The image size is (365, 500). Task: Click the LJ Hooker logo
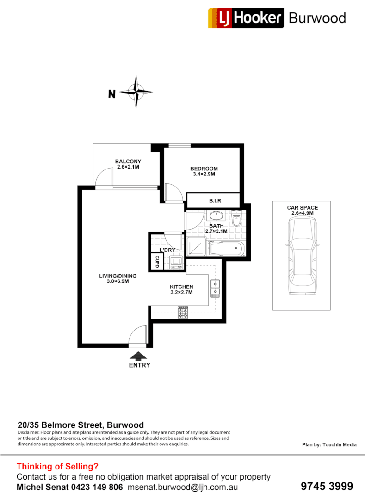click(246, 18)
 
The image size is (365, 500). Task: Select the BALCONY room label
click(128, 162)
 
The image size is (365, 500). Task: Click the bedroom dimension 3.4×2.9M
click(204, 175)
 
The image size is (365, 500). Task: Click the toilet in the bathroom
click(236, 219)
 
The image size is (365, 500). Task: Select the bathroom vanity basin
click(216, 216)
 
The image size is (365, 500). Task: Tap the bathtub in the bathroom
click(226, 249)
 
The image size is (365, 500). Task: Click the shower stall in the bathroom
click(197, 247)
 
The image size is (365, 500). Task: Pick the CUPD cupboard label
click(156, 262)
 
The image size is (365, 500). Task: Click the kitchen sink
click(215, 287)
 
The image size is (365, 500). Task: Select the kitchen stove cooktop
click(183, 313)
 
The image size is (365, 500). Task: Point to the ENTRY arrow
click(139, 356)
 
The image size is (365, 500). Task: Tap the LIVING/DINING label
click(118, 276)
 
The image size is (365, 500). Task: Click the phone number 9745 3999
click(327, 486)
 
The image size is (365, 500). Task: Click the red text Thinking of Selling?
click(57, 467)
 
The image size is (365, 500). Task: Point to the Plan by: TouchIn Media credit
click(329, 444)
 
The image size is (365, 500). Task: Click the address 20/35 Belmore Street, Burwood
click(80, 425)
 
